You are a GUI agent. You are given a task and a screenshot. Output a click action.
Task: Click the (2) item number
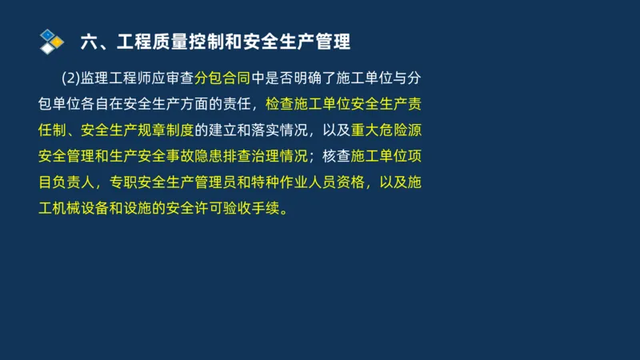pyautogui.click(x=70, y=78)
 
